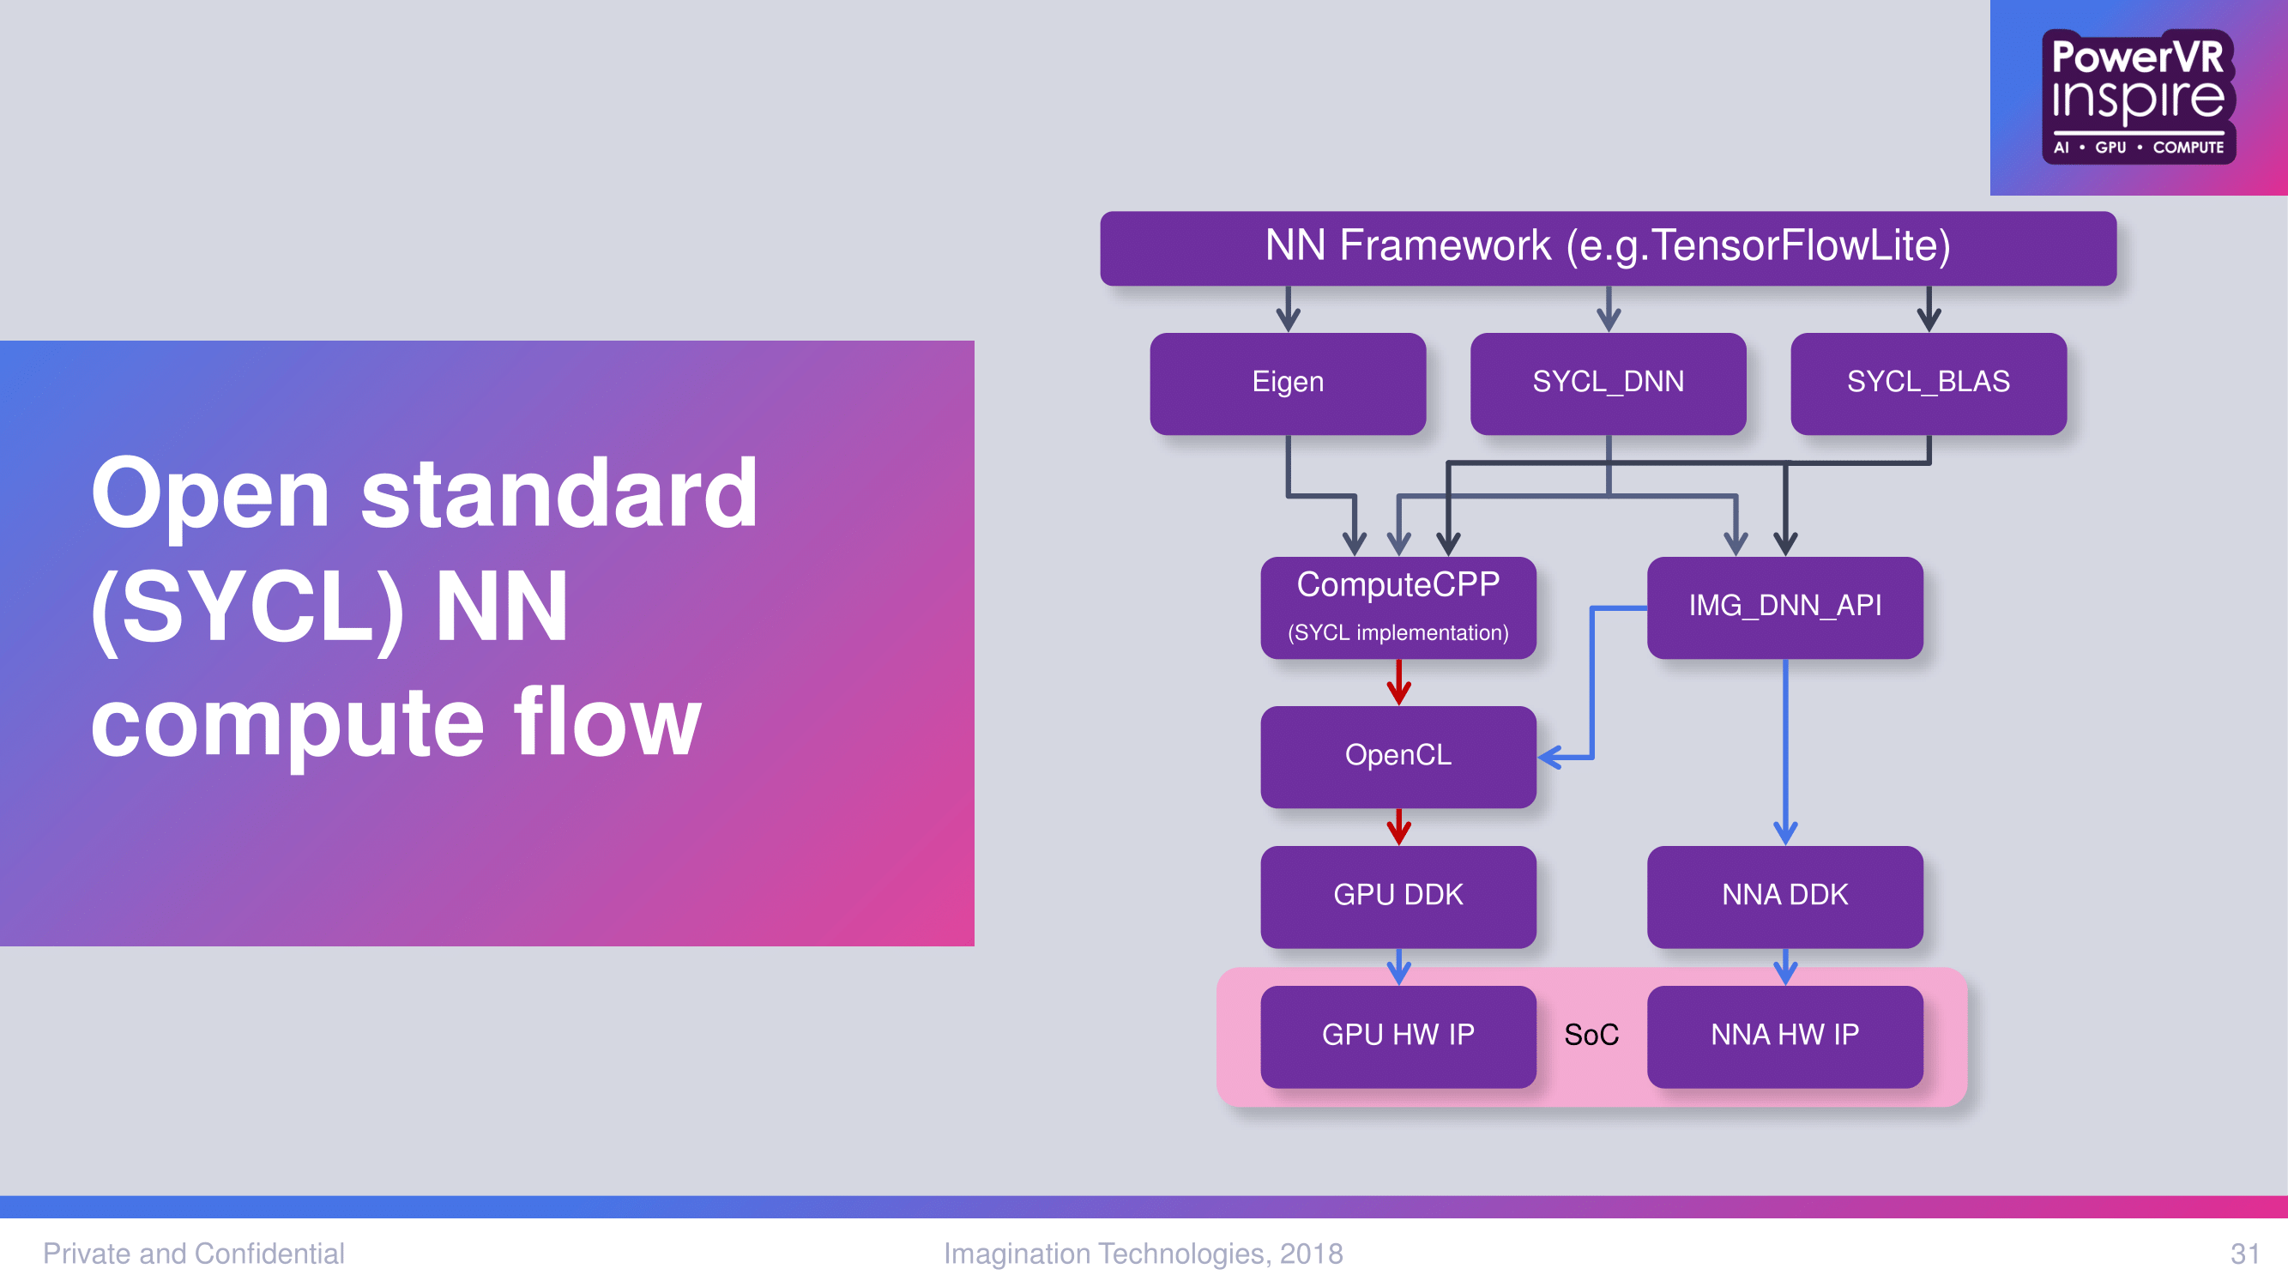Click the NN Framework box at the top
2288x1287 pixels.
tap(1608, 248)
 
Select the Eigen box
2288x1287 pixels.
tap(1288, 383)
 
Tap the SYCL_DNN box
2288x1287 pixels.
tap(1609, 383)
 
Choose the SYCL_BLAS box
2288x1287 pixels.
tap(1929, 383)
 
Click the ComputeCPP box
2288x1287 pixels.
tap(1398, 607)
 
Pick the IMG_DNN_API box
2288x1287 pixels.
tap(1785, 607)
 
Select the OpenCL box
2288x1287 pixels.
tap(1398, 757)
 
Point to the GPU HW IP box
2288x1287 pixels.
tap(1398, 1036)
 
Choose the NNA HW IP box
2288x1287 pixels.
tap(1785, 1036)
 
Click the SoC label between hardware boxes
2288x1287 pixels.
tap(1591, 1035)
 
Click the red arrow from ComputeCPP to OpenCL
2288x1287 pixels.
tap(1399, 682)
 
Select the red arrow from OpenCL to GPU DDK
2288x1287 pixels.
tap(1399, 827)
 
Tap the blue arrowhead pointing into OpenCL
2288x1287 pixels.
tap(1550, 757)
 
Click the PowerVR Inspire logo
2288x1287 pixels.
tap(2139, 97)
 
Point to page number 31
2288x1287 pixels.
tap(2244, 1254)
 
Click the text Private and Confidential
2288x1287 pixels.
tap(194, 1254)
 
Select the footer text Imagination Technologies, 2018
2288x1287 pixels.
tap(1143, 1254)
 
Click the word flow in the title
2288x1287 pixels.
tap(607, 722)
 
